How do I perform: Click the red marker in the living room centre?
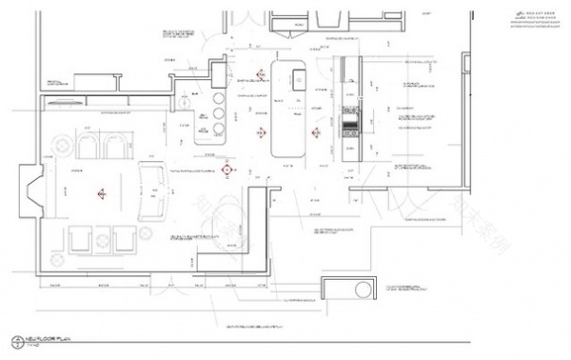click(100, 193)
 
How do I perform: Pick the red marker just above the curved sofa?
click(226, 170)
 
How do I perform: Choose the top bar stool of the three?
click(218, 99)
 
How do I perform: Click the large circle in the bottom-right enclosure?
click(363, 291)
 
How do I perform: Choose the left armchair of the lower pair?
click(79, 238)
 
